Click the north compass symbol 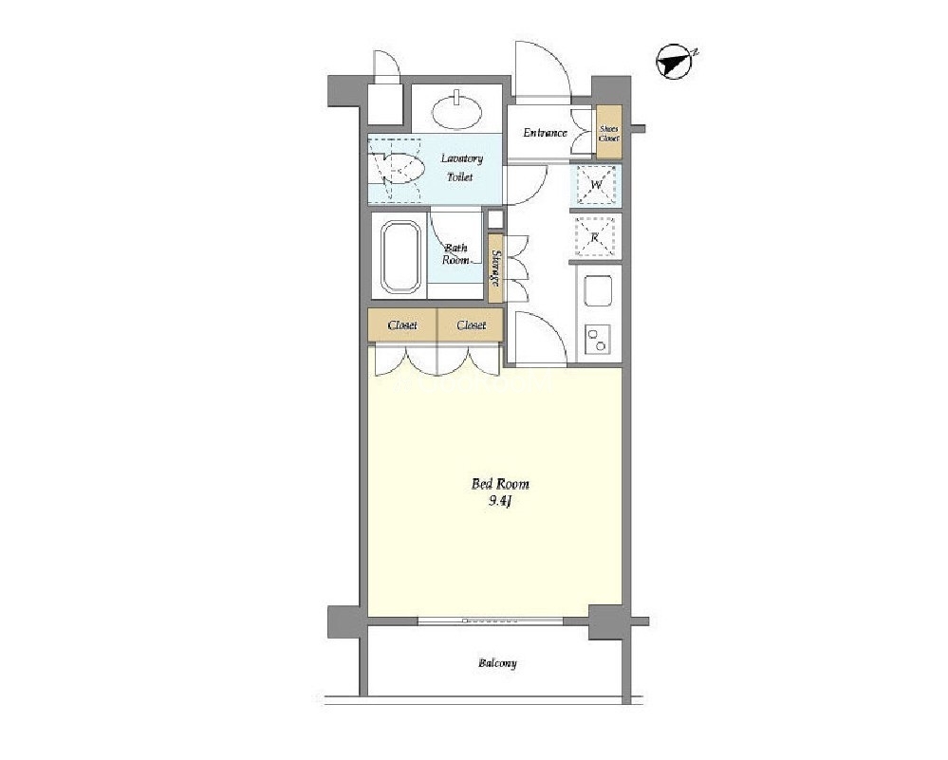click(676, 62)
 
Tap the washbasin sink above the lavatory click(457, 111)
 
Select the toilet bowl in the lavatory click(399, 168)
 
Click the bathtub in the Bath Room click(400, 256)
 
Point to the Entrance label click(545, 133)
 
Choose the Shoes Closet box click(609, 133)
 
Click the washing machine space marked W click(596, 184)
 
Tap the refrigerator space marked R click(595, 237)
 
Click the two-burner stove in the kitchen click(597, 339)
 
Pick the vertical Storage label click(495, 268)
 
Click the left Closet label click(402, 325)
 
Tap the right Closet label click(471, 325)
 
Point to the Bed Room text click(500, 484)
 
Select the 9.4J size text click(500, 501)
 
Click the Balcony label click(497, 663)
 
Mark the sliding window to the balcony click(491, 621)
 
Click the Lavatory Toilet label click(460, 168)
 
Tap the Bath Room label click(455, 254)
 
